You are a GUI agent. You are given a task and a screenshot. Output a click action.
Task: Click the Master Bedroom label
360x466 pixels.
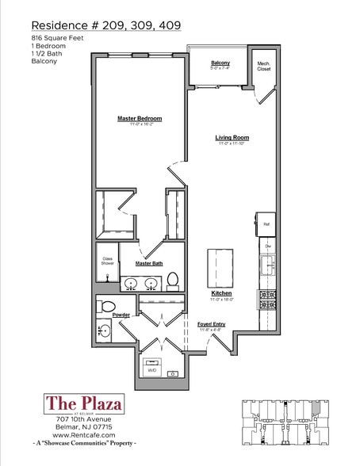pos(140,118)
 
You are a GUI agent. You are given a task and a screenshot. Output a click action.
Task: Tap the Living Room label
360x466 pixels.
pos(232,137)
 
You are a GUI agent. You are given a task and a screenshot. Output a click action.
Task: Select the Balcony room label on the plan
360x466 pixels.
pos(220,63)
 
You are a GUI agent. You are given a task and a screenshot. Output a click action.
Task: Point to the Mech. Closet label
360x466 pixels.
pos(263,67)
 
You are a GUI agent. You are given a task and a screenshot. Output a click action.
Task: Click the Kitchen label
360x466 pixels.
pos(220,293)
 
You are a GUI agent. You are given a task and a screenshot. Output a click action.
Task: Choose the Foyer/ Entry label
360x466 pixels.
pos(212,323)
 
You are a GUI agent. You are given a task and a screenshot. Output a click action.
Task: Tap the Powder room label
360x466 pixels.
pos(122,315)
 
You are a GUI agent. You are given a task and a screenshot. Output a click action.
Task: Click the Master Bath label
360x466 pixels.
pos(148,262)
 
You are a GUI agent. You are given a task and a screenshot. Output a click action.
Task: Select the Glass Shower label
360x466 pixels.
pos(106,261)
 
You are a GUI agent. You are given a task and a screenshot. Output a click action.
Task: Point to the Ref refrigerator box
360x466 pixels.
pos(266,224)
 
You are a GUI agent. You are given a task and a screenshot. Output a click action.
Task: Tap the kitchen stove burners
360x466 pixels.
pos(266,300)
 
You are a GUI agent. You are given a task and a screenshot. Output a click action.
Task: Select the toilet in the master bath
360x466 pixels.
pos(173,280)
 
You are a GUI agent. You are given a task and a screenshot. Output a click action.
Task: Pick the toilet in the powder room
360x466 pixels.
pos(106,306)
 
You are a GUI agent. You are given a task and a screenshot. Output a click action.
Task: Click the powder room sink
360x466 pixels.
pos(105,330)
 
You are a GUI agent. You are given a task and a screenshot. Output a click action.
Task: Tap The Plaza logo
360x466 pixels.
pos(85,404)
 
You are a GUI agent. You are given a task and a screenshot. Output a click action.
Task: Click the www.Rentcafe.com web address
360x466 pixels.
pos(85,435)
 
